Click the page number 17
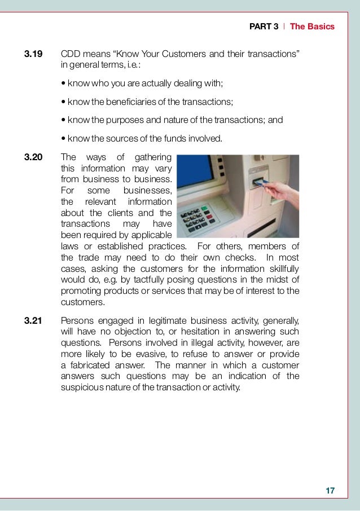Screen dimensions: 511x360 [330, 491]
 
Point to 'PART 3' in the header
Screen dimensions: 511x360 [264, 27]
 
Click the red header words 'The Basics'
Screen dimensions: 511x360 [312, 27]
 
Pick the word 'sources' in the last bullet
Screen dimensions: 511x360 [130, 138]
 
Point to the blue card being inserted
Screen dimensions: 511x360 [258, 182]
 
